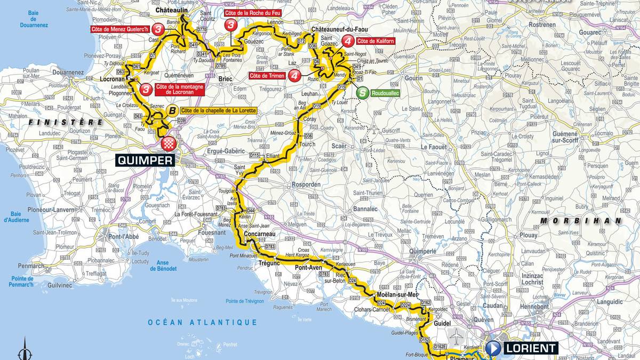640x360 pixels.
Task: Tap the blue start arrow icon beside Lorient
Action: [493, 348]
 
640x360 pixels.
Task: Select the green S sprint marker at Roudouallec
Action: [363, 92]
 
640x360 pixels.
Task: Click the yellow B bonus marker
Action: [172, 110]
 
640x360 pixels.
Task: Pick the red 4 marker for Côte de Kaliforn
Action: [348, 41]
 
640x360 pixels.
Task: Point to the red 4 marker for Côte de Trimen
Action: [294, 76]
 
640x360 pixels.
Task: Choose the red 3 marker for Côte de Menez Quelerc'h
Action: [158, 29]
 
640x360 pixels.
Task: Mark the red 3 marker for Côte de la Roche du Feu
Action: [230, 25]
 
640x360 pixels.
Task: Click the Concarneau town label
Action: [259, 234]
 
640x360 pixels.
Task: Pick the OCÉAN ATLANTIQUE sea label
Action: [203, 322]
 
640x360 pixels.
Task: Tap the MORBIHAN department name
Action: [581, 220]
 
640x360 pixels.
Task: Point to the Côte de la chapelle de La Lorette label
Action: [219, 110]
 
